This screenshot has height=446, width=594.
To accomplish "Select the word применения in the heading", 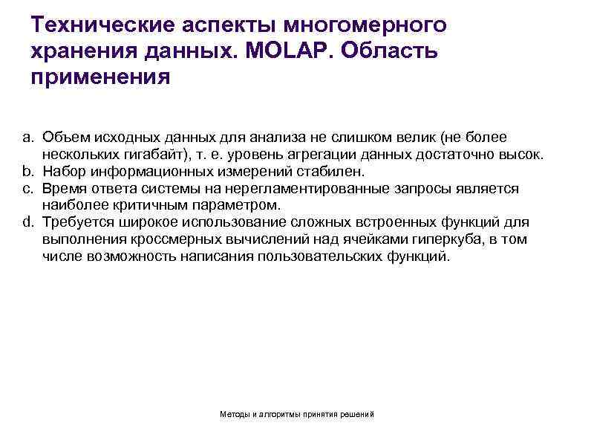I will (101, 77).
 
